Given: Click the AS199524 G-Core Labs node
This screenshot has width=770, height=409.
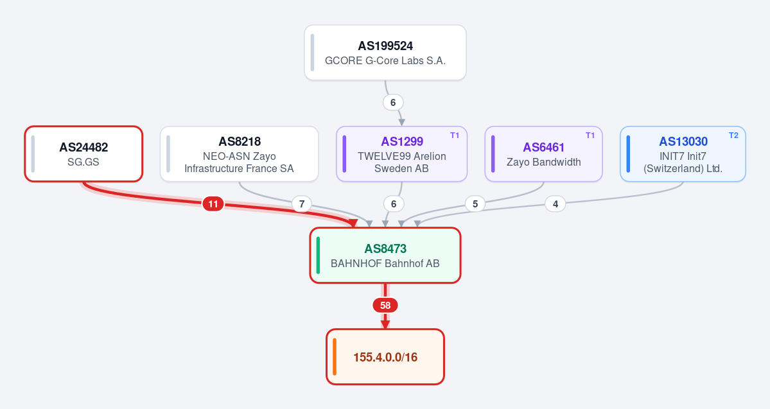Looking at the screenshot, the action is [385, 53].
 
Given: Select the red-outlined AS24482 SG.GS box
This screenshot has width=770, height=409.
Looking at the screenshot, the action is [83, 153].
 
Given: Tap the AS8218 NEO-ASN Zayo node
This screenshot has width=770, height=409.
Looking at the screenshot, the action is [239, 153].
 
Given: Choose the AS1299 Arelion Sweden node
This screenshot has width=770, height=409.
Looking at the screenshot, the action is [401, 153].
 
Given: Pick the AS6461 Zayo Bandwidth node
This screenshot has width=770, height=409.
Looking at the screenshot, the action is [543, 153].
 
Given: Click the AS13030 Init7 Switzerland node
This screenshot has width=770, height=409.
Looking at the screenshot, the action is [683, 153].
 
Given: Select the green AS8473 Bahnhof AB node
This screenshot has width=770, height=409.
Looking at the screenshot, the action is [385, 256].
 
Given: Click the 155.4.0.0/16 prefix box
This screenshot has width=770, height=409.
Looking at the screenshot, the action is [385, 357].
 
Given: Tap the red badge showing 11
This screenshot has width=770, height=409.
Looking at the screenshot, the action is [213, 204].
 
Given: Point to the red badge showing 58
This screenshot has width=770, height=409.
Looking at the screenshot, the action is [385, 306].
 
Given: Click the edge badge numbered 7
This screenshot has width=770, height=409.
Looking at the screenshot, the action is [302, 204].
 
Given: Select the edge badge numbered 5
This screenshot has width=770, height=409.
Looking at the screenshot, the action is [475, 204].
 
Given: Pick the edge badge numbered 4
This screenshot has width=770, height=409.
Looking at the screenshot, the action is [556, 204].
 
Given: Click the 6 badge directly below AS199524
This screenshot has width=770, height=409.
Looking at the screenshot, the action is [393, 103].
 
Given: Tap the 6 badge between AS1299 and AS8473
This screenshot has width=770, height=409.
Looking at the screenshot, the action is [393, 204].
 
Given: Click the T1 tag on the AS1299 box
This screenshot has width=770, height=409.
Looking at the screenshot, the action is [455, 135].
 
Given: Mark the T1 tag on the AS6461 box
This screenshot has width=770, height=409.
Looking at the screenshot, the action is [590, 135].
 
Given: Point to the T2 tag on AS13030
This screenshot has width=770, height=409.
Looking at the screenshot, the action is [733, 135].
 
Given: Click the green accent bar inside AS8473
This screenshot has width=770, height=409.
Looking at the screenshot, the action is [319, 256].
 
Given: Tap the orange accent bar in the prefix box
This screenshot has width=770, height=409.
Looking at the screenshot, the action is [335, 357].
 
